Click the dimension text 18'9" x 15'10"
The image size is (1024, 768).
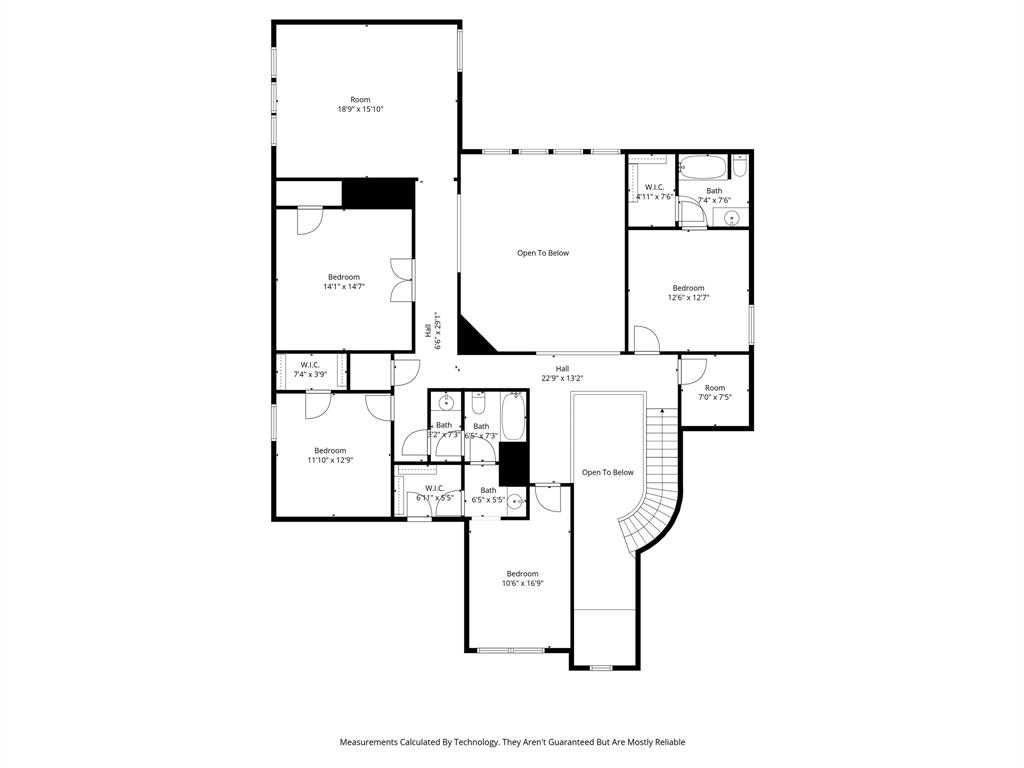(x=360, y=109)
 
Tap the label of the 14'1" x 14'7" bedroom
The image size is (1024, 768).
(x=343, y=282)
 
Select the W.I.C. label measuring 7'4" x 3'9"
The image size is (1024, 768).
(x=310, y=369)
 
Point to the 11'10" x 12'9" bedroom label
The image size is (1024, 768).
(x=330, y=455)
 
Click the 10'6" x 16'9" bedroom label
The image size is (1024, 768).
(x=522, y=578)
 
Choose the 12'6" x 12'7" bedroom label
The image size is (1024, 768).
(x=688, y=292)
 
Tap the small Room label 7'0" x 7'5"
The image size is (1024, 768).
(x=715, y=392)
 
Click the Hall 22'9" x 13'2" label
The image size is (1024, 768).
(x=562, y=373)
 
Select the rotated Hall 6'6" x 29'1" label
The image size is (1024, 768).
(x=432, y=329)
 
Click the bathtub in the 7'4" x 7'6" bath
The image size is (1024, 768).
(x=703, y=167)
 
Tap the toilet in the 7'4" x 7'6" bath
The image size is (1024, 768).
(x=739, y=165)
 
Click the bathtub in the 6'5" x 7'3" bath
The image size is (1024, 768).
(x=513, y=418)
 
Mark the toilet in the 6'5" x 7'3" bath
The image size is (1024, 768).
(x=479, y=403)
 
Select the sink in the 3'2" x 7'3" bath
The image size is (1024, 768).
(x=446, y=403)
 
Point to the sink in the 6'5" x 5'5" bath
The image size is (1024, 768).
(x=516, y=502)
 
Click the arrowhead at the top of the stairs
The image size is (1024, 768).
(x=661, y=410)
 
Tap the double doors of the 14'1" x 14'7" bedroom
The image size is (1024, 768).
(x=402, y=279)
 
